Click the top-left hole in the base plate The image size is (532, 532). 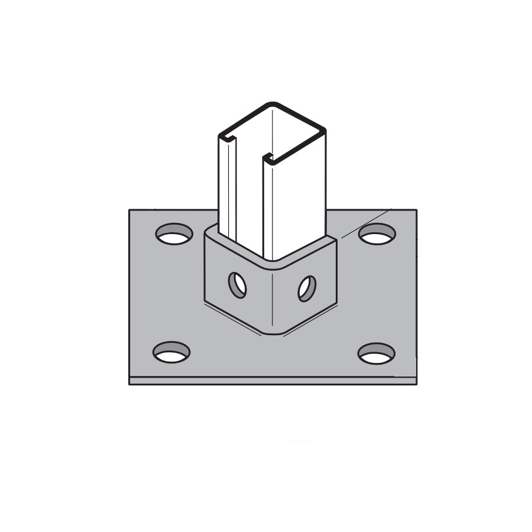click(174, 234)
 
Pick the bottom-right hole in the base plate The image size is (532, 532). click(376, 353)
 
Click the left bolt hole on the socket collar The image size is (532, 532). click(237, 286)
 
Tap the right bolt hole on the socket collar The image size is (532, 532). click(307, 288)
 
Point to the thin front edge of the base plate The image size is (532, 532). click(272, 381)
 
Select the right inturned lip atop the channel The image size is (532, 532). click(268, 158)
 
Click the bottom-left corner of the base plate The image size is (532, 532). click(129, 384)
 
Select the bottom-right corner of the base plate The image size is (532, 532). click(417, 384)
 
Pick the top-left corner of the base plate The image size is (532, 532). click(129, 210)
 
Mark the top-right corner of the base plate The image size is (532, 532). click(416, 210)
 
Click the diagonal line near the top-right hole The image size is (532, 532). click(366, 221)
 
